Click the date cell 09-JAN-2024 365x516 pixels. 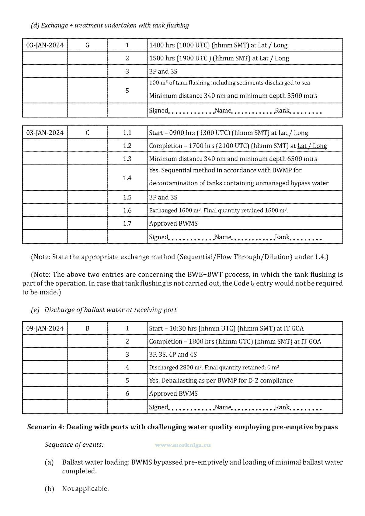coord(45,328)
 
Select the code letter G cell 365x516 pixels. coord(87,45)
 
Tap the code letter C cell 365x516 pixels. coord(87,133)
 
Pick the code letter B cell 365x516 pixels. coord(87,328)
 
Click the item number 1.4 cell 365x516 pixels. coord(127,178)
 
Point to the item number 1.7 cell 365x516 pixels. coord(127,223)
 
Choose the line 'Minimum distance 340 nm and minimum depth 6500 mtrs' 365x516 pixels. coord(233,159)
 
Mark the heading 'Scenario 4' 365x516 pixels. coord(182,427)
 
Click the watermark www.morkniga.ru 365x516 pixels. coord(183,445)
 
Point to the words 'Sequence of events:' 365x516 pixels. coord(74,445)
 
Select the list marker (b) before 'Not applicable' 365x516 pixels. coord(49,489)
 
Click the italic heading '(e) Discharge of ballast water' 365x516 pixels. coord(104,310)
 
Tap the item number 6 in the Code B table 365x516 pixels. coord(127,394)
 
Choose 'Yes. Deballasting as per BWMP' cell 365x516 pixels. coord(221,381)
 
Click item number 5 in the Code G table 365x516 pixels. coord(127,91)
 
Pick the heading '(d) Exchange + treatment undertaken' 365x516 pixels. coord(110,25)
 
